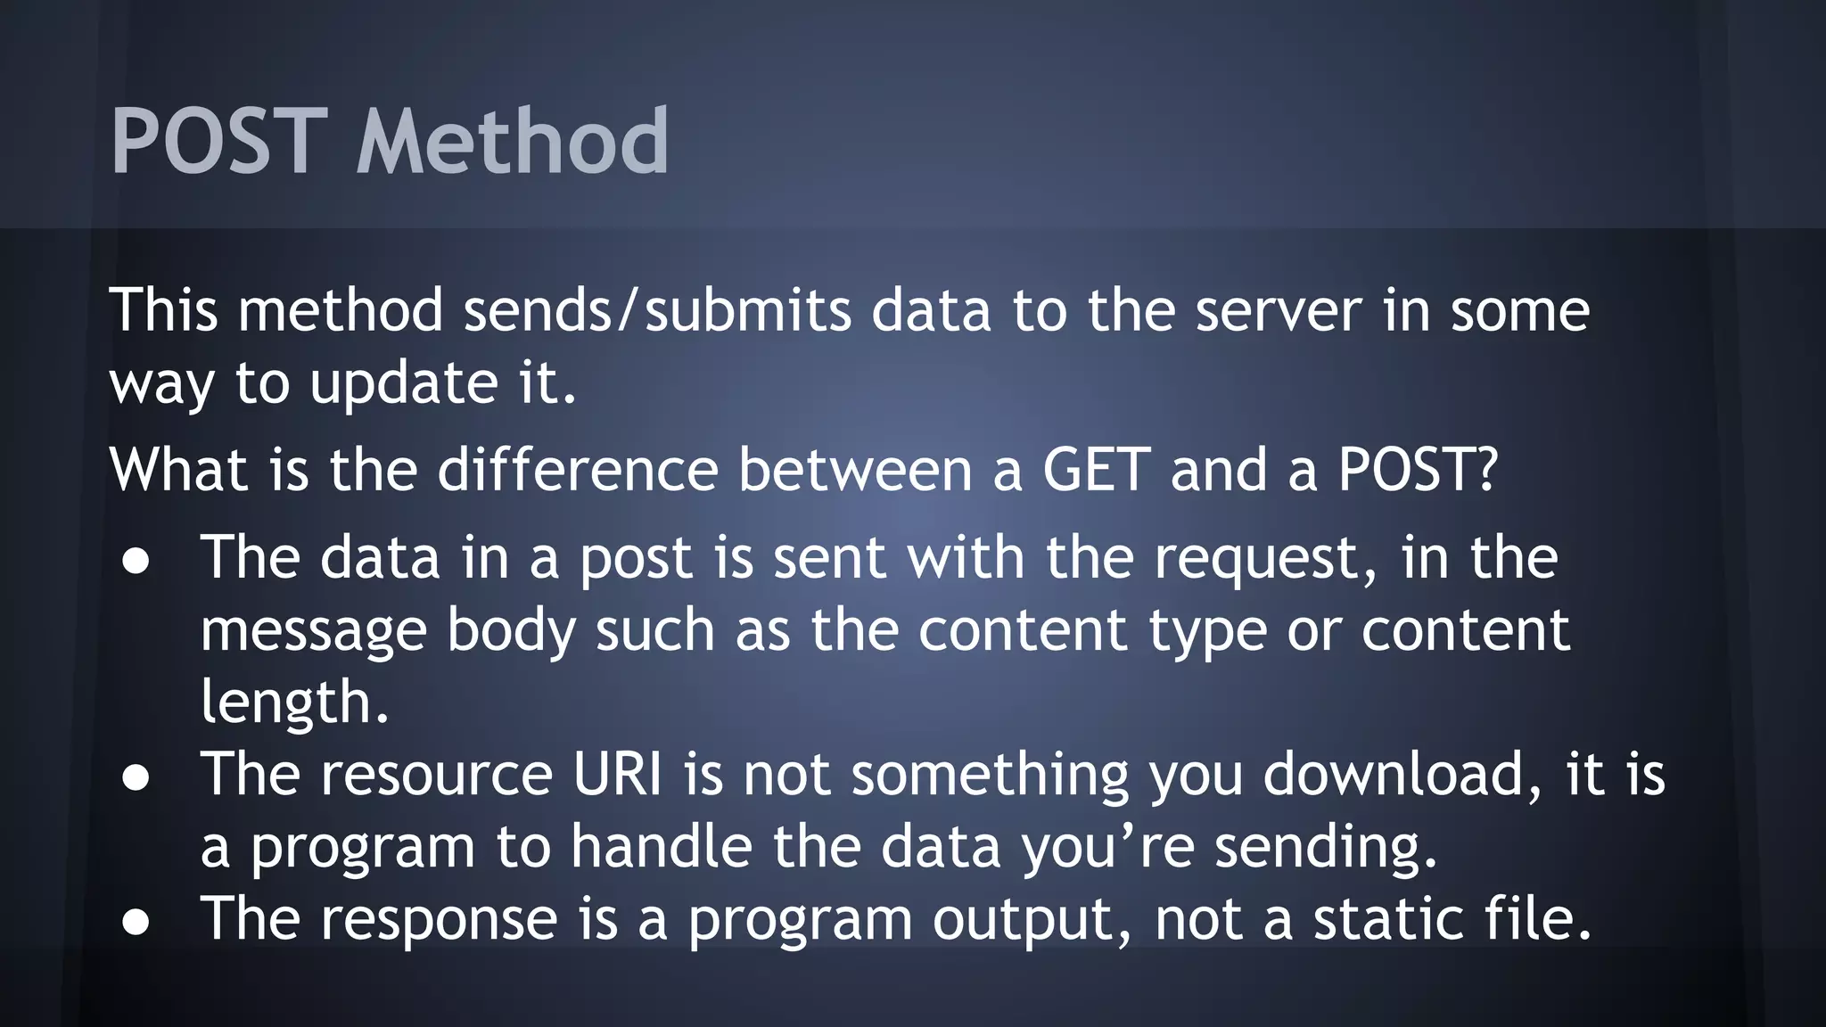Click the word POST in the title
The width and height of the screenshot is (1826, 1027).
(x=218, y=141)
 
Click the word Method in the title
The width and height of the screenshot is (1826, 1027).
(x=512, y=141)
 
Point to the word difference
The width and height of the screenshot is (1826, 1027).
(x=577, y=470)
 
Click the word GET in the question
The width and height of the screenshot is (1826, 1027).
(x=1096, y=470)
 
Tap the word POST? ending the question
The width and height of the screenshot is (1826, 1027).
(x=1418, y=470)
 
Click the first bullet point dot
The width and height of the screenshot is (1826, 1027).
(x=136, y=562)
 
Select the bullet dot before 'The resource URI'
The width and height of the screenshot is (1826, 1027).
(x=136, y=777)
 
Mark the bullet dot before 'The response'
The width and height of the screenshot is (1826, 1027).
(x=136, y=922)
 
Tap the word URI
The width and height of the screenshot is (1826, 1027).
(x=617, y=774)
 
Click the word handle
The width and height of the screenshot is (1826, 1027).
(x=662, y=846)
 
